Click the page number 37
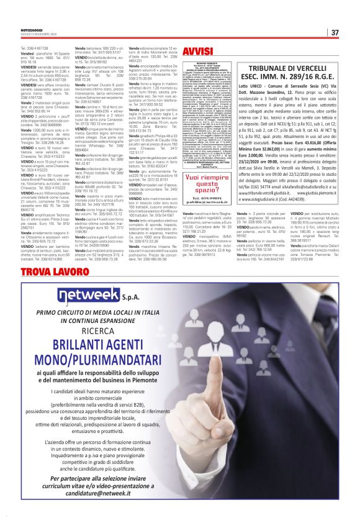(x=335, y=32)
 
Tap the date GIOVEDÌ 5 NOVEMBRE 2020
(x=38, y=35)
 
